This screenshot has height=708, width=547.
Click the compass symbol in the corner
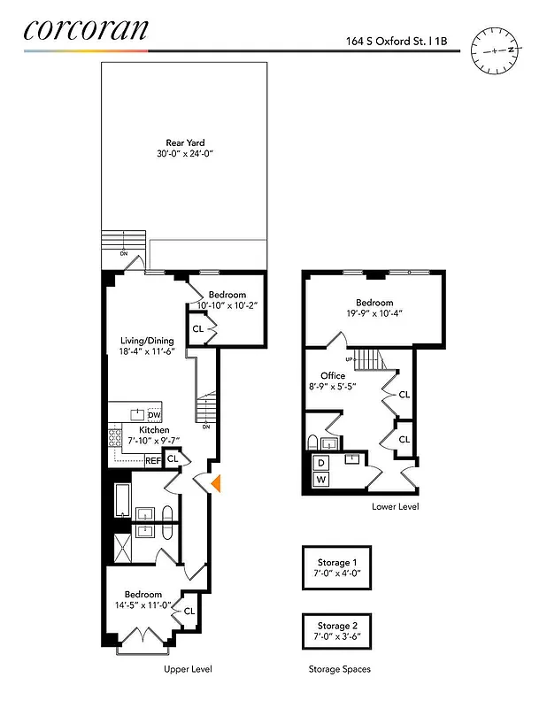point(490,50)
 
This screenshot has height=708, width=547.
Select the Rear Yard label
point(185,142)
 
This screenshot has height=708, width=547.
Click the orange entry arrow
point(216,482)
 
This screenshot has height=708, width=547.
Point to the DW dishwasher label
point(154,415)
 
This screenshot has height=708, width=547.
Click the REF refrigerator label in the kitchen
point(152,460)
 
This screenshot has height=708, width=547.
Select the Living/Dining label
point(147,341)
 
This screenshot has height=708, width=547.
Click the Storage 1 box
point(336,567)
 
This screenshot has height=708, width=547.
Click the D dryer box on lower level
point(320,463)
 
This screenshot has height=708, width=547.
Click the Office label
point(333,376)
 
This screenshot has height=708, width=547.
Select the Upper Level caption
point(188,669)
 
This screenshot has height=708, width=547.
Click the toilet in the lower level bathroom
point(313,442)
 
